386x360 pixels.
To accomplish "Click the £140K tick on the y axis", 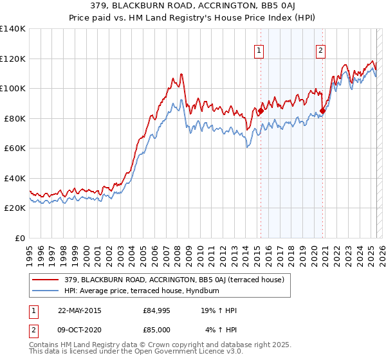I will pyautogui.click(x=12, y=29).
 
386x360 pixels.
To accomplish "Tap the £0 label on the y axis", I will pyautogui.click(x=20, y=238).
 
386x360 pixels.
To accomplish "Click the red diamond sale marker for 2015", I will pyautogui.click(x=261, y=111).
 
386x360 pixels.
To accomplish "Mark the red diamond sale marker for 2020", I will pyautogui.click(x=322, y=111).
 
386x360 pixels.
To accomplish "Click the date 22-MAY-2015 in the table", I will pyautogui.click(x=79, y=311).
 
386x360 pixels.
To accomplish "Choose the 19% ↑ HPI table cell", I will pyautogui.click(x=219, y=311).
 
